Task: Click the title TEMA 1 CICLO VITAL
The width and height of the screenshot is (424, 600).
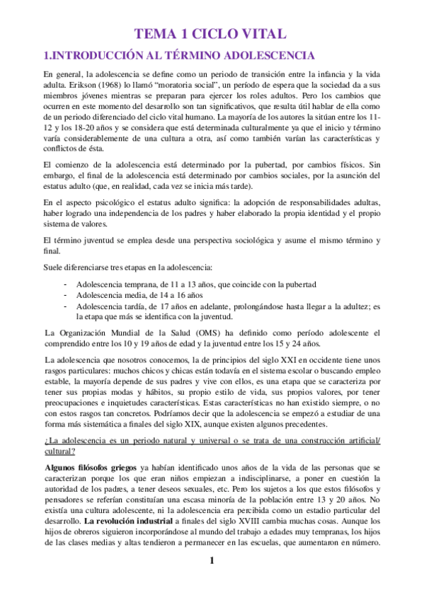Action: click(211, 33)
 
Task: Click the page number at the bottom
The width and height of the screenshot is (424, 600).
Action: click(211, 582)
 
